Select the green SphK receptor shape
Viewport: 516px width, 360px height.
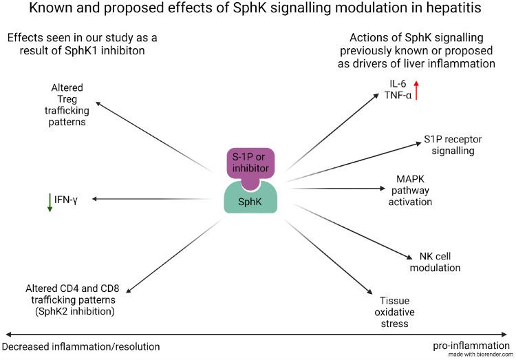pos(251,200)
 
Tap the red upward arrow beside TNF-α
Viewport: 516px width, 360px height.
pos(416,89)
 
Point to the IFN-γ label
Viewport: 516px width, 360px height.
pos(67,199)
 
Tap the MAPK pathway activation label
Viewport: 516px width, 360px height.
pos(411,191)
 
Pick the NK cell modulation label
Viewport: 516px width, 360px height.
pos(435,262)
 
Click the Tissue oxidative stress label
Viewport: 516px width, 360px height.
pos(394,312)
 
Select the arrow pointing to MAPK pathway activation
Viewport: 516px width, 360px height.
pos(337,187)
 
